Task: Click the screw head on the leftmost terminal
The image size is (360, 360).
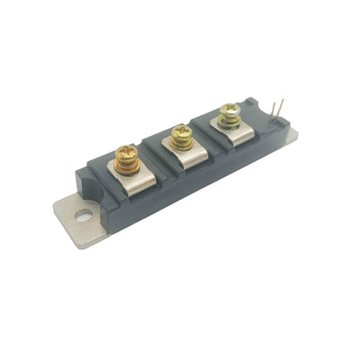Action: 126,156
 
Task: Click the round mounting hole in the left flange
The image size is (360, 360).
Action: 83,215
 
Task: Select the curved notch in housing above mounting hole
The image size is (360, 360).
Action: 97,200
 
